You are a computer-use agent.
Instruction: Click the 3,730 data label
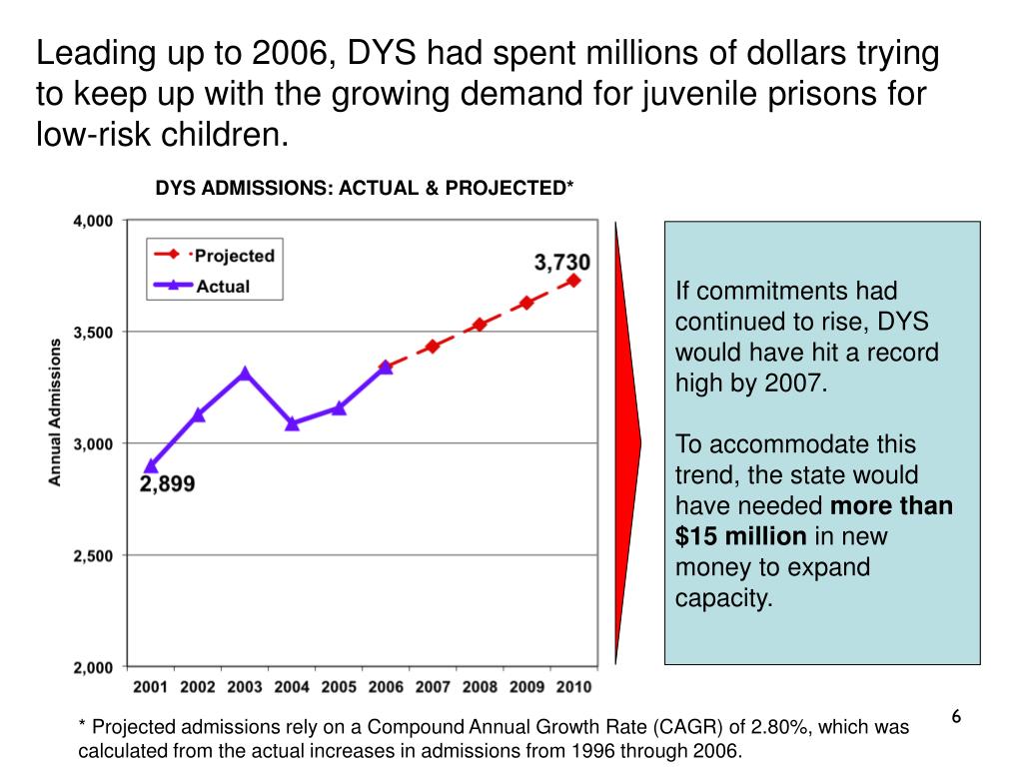pyautogui.click(x=562, y=263)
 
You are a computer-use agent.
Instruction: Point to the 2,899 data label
pyautogui.click(x=167, y=484)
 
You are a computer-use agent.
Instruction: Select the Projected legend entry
pyautogui.click(x=234, y=256)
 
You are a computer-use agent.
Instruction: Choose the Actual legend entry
pyautogui.click(x=223, y=286)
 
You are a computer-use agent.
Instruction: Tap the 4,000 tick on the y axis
pyautogui.click(x=93, y=221)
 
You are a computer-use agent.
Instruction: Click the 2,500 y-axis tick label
pyautogui.click(x=93, y=555)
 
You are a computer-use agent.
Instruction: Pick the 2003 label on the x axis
pyautogui.click(x=245, y=687)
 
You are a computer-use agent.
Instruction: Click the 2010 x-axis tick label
pyautogui.click(x=572, y=687)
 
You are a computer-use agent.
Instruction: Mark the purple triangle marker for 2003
pyautogui.click(x=245, y=374)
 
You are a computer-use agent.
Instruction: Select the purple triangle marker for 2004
pyautogui.click(x=292, y=423)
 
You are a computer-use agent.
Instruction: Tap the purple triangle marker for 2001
pyautogui.click(x=151, y=465)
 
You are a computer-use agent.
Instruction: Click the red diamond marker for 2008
pyautogui.click(x=480, y=325)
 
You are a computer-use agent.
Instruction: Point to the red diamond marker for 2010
pyautogui.click(x=573, y=281)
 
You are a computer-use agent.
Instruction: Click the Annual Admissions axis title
pyautogui.click(x=56, y=411)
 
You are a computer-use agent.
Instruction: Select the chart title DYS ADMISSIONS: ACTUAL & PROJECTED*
pyautogui.click(x=364, y=189)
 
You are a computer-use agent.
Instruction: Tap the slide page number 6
pyautogui.click(x=955, y=717)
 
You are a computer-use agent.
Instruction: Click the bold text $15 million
pyautogui.click(x=740, y=536)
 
